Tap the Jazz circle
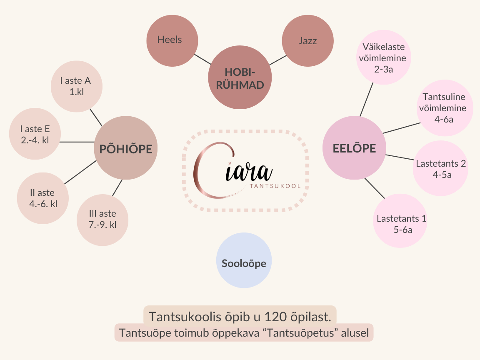tap(307, 41)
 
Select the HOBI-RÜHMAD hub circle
tap(240, 78)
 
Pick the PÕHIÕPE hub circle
tap(125, 148)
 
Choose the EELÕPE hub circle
tap(354, 148)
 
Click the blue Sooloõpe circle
tap(244, 263)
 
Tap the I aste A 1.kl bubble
tap(77, 86)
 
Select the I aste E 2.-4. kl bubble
tap(35, 134)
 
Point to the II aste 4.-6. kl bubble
tap(43, 198)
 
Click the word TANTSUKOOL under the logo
tap(275, 186)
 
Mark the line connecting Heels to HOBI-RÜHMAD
tap(203, 58)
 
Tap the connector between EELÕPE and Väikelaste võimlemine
tap(366, 99)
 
